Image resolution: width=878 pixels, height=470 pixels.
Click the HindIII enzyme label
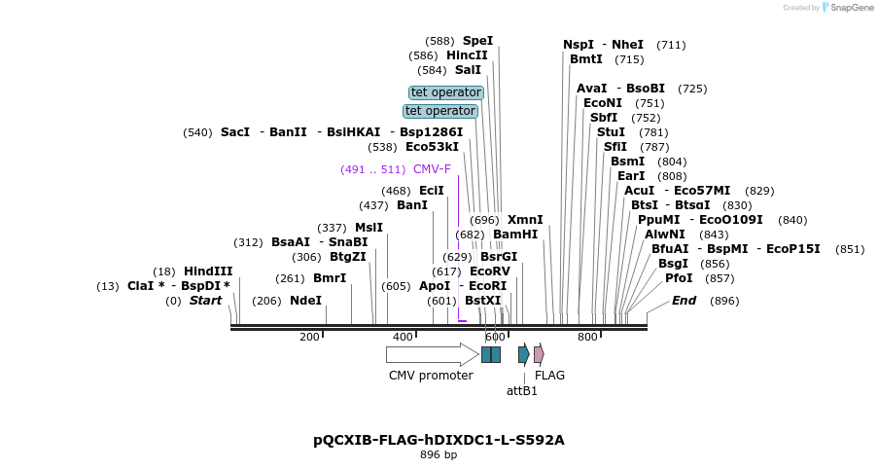208,271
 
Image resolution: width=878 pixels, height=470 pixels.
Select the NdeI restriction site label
305,301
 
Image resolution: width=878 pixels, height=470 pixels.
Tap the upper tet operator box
446,92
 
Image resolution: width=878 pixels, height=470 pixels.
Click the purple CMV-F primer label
432,169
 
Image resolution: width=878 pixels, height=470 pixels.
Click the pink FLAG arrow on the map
539,354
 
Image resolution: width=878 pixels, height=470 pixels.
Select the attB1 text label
522,391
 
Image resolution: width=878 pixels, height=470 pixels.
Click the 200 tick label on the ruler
309,337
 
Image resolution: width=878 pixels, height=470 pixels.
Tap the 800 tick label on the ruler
587,337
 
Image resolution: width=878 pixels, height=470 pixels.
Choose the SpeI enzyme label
477,41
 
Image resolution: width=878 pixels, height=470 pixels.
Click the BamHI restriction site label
515,235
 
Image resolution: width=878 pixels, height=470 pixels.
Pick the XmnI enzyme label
525,220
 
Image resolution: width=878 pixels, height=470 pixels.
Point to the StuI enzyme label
611,132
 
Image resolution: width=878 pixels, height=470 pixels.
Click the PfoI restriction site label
679,278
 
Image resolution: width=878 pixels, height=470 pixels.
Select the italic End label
684,301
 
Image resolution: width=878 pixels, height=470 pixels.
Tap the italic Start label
205,301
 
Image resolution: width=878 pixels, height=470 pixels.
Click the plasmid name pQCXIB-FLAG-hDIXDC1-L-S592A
439,440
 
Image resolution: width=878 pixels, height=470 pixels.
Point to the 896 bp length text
439,454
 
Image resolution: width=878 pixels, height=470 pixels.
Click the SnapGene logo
844,8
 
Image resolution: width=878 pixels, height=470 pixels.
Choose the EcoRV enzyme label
490,271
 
